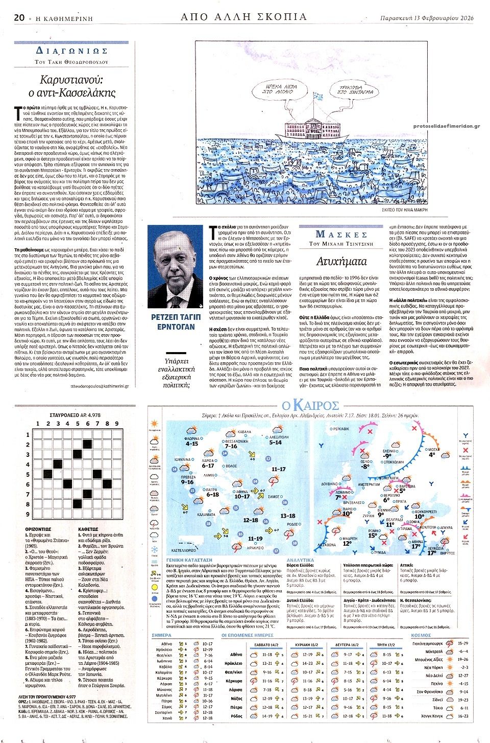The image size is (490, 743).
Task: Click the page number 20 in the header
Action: tap(20, 17)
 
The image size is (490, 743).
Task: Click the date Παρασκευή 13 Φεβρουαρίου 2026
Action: tap(427, 18)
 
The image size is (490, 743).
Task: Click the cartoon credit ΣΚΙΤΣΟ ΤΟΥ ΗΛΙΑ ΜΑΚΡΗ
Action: tap(404, 210)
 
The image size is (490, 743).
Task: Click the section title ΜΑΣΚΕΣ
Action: tap(342, 234)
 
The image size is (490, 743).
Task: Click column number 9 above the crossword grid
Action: tap(117, 424)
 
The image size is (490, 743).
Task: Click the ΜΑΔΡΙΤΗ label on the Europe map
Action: tap(350, 539)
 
